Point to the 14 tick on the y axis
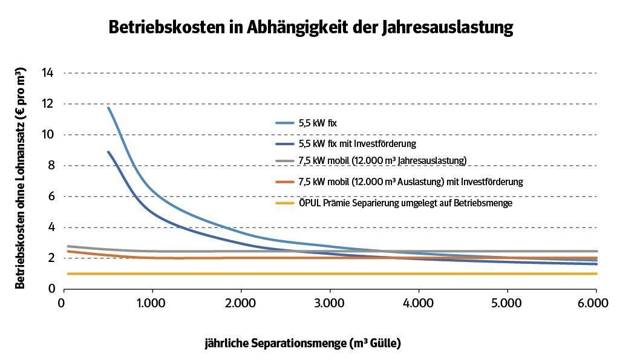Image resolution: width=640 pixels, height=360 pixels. pyautogui.click(x=47, y=73)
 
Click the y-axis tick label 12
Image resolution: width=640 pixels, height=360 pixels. pyautogui.click(x=47, y=104)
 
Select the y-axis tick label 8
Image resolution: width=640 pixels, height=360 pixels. pyautogui.click(x=50, y=166)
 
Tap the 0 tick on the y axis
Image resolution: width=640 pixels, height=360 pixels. pyautogui.click(x=51, y=289)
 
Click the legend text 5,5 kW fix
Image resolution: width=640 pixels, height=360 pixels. pyautogui.click(x=317, y=123)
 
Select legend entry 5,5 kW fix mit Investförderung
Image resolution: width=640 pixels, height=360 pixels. pyautogui.click(x=357, y=144)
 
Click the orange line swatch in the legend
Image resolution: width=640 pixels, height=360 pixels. pyautogui.click(x=284, y=182)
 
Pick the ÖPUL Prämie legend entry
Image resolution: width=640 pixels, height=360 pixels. pyautogui.click(x=405, y=203)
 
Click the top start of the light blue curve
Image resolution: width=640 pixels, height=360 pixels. pyautogui.click(x=108, y=108)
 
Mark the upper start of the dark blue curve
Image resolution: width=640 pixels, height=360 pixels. pyautogui.click(x=108, y=152)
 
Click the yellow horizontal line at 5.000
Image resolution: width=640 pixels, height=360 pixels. pyautogui.click(x=508, y=273)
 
